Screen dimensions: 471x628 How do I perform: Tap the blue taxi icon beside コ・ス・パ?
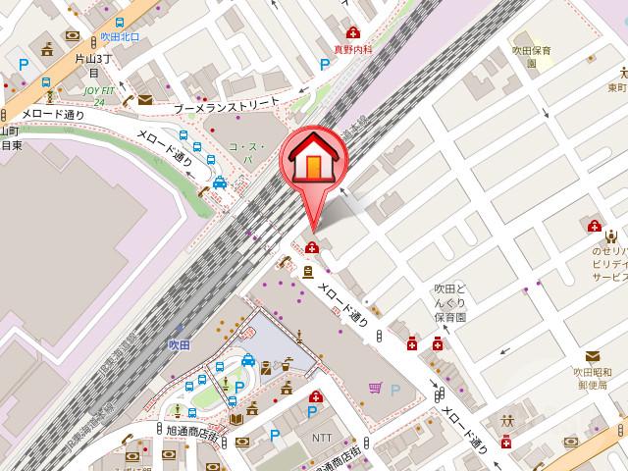coord(221,182)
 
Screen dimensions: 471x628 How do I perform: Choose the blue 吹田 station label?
coord(178,345)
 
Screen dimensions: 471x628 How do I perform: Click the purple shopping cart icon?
coord(375,388)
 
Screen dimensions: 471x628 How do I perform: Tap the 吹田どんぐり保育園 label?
coord(450,303)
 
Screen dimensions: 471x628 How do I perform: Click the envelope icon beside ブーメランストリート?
coord(145,99)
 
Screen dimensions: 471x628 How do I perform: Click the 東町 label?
coord(617,86)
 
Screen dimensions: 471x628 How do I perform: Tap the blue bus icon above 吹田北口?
coord(119,23)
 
